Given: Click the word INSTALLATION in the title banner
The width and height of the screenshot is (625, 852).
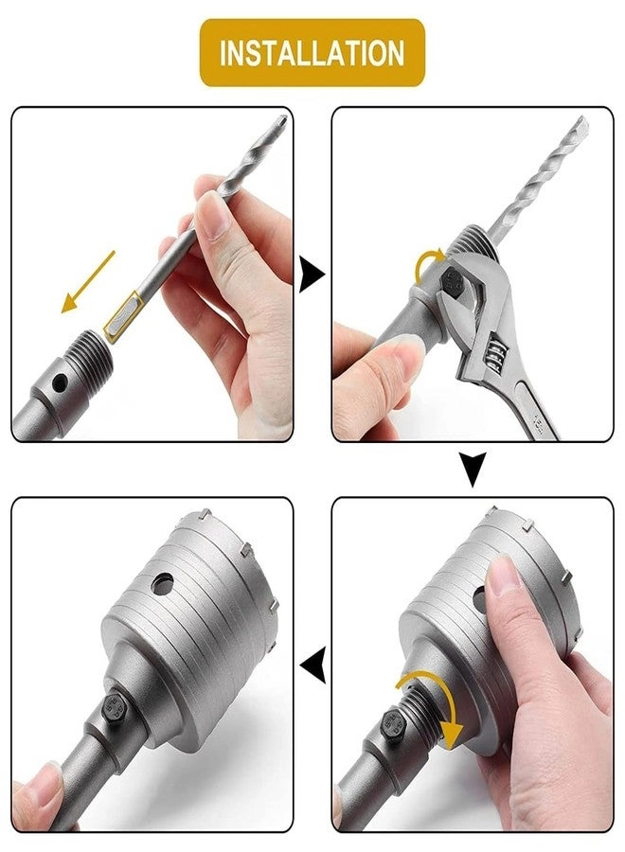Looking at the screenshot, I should coord(312,52).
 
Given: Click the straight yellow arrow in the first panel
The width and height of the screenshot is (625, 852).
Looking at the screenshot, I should coord(88,281).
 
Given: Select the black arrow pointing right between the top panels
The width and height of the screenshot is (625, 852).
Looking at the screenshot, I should coord(312,276).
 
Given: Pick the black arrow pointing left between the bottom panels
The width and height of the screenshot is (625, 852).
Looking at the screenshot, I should coord(313,669).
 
